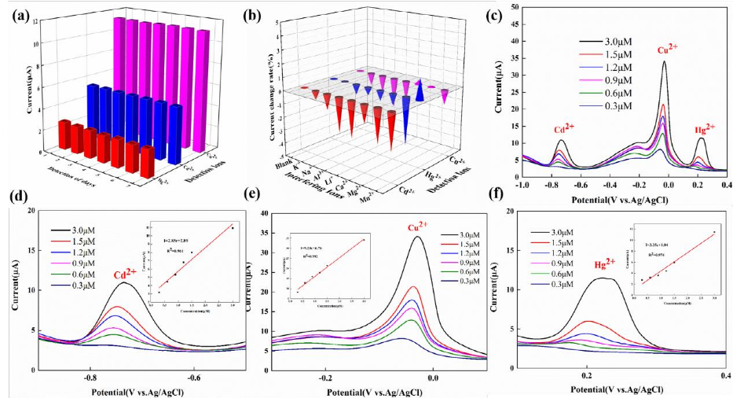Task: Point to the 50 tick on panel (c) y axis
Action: [x=511, y=6]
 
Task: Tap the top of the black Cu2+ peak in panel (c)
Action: [x=665, y=61]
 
